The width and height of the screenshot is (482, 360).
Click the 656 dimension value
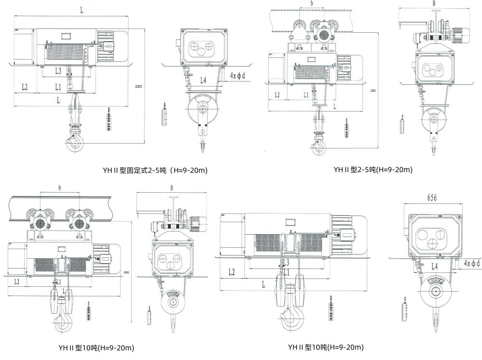[432, 198]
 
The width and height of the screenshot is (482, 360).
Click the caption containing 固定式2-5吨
[155, 170]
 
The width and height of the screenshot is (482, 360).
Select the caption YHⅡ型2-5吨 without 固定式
[373, 170]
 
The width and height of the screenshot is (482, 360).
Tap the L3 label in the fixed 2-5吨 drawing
[58, 71]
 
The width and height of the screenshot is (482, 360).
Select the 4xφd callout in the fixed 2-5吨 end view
[238, 76]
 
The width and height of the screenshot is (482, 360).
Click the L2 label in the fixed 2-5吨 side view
[24, 87]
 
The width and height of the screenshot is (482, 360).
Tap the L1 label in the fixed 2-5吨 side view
[58, 87]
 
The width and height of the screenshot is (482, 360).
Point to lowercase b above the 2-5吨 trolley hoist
[312, 4]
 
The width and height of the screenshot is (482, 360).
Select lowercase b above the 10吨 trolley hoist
[59, 187]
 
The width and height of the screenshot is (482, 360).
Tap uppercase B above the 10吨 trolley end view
[171, 187]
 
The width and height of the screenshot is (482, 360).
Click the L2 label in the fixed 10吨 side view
[231, 272]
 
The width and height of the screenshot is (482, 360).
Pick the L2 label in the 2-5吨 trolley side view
[277, 95]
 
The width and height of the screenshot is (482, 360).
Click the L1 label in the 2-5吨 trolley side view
[306, 95]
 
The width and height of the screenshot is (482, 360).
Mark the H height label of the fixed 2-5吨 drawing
[139, 85]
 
